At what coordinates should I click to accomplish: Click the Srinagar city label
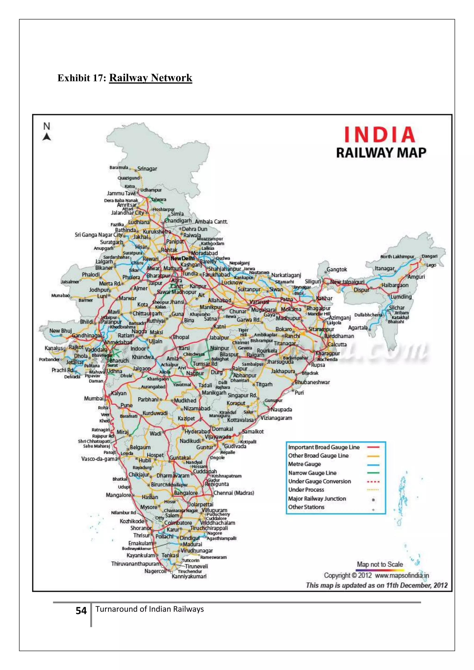pos(147,169)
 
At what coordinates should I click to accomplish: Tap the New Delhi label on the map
pos(182,258)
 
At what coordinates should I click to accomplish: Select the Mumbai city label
pos(94,398)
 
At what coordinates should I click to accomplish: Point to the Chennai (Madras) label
pos(234,493)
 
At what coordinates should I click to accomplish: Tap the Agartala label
pos(358,328)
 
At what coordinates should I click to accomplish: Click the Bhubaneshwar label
pos(312,382)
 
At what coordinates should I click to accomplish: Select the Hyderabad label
pos(197,431)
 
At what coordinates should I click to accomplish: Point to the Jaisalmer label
pos(70,282)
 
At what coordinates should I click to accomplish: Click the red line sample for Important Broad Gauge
pos(373,447)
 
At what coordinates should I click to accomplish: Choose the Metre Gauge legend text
pos(304,464)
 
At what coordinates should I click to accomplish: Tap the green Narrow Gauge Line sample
pos(373,473)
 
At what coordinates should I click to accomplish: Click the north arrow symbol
pos(47,136)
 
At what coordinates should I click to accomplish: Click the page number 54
pos(81,611)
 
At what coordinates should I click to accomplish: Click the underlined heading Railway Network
pos(151,78)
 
